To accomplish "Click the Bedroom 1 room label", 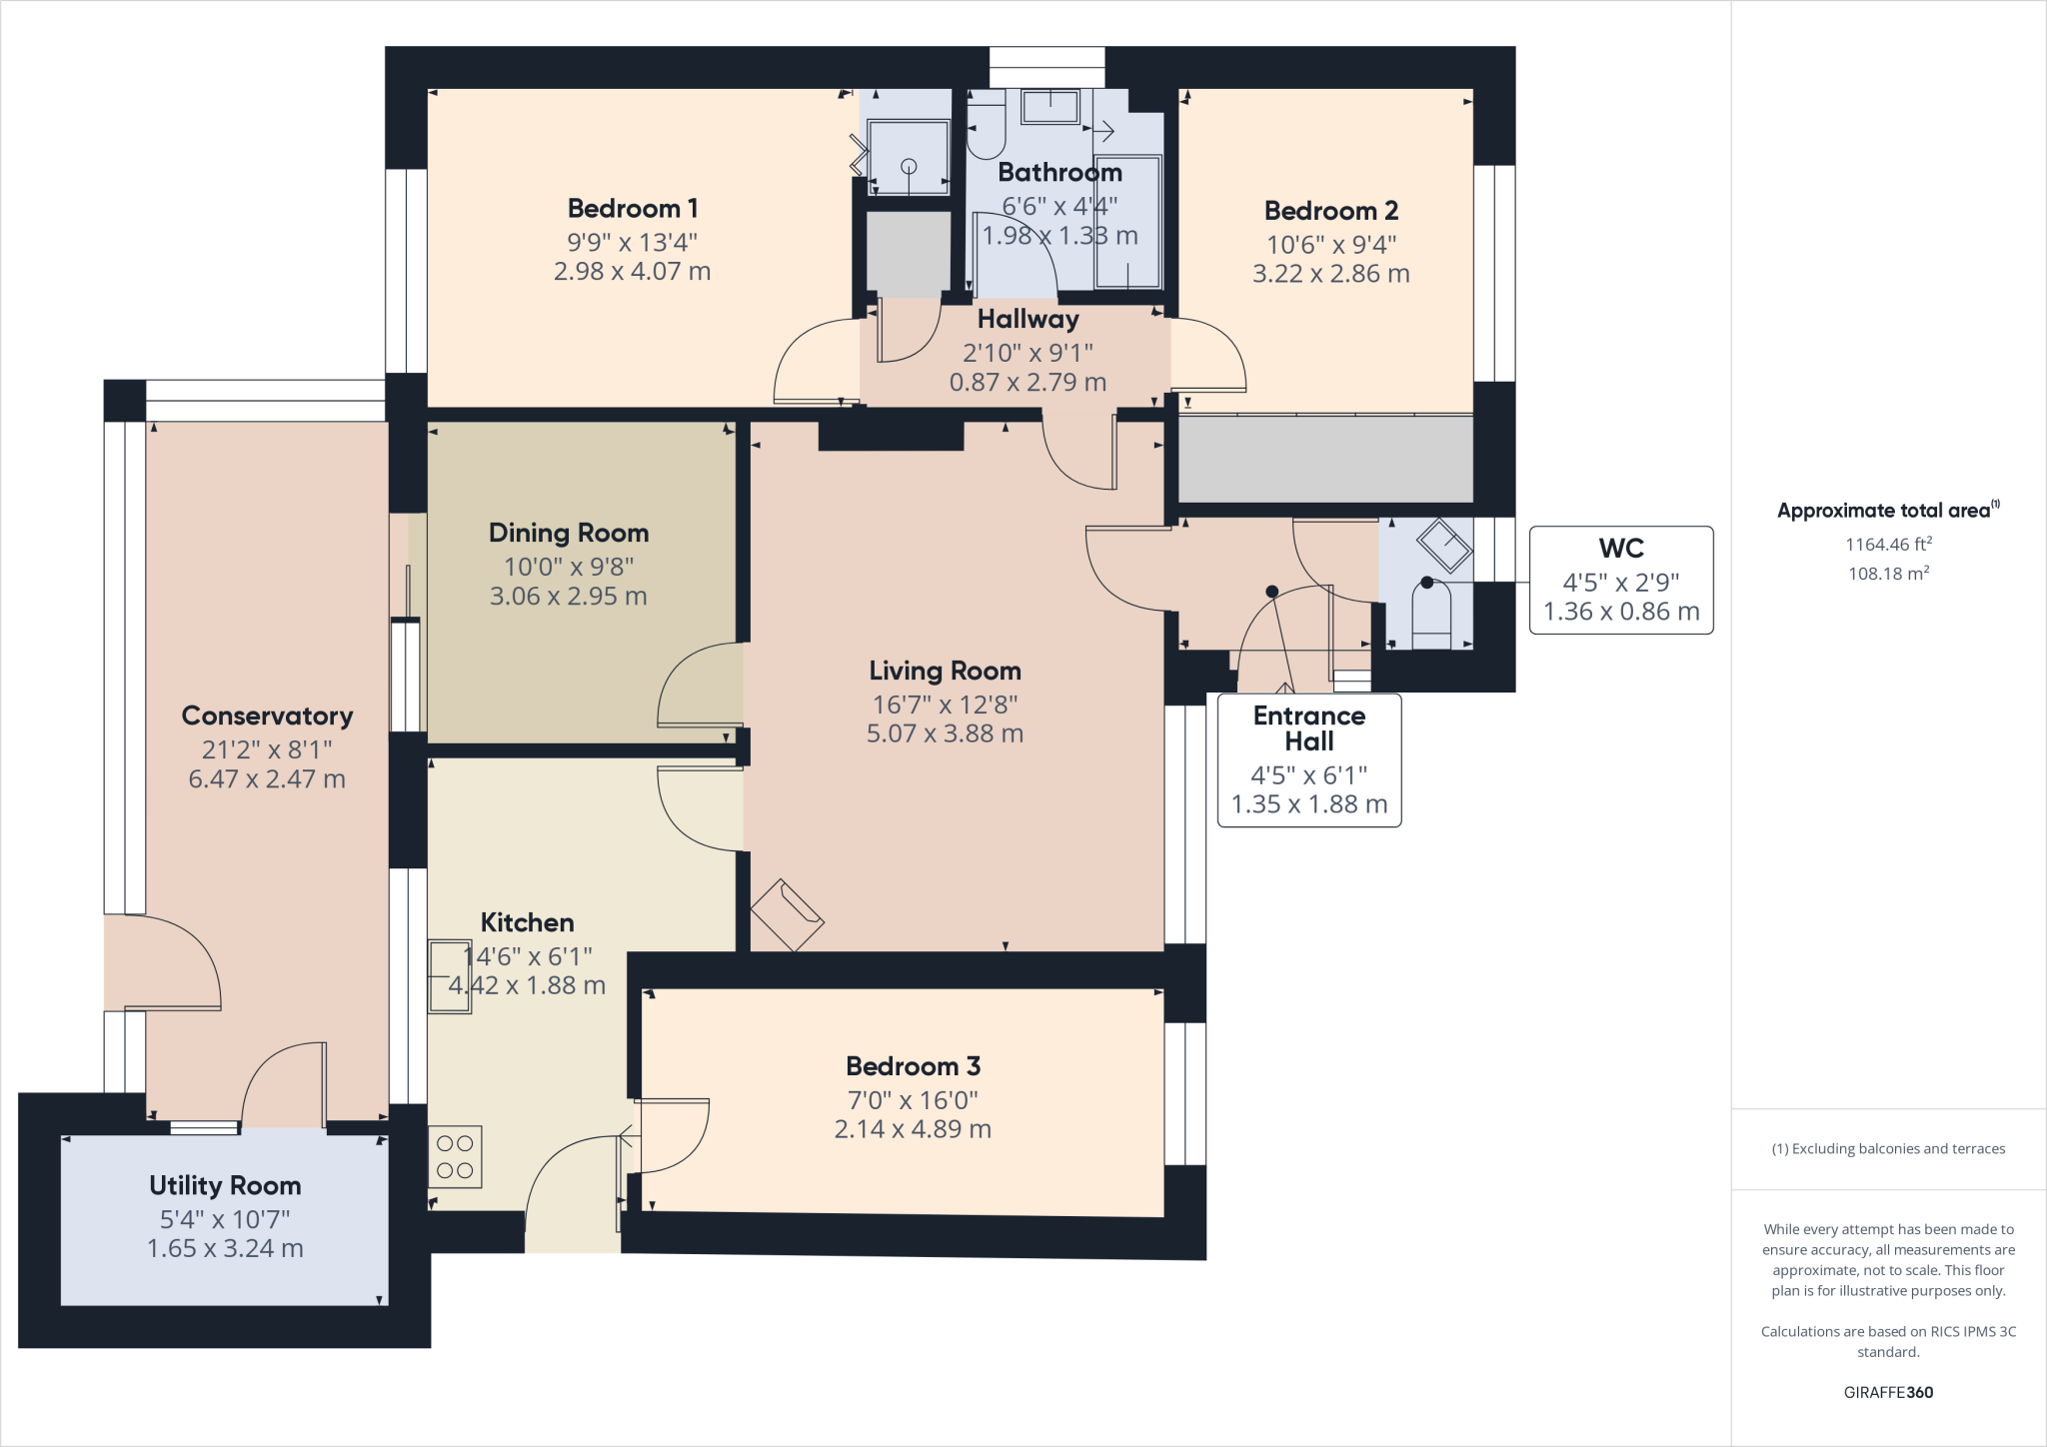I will point(632,209).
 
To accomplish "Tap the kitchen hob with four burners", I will point(455,1157).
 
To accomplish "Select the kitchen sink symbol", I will point(450,976).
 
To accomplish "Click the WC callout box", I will point(1620,581).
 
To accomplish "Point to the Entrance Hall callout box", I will point(1308,760).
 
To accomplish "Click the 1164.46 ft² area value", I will point(1887,545).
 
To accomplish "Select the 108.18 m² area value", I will point(1887,574).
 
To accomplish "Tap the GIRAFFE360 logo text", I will point(1887,1392).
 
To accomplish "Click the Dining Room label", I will point(568,533).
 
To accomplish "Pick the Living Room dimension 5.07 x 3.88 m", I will point(945,733).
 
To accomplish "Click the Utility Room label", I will point(225,1185).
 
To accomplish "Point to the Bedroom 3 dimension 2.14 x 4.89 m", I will point(913,1129).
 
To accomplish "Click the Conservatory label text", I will point(267,716).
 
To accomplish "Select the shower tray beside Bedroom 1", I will point(908,157).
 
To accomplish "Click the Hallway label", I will point(1027,319).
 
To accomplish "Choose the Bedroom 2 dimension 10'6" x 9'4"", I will point(1330,244).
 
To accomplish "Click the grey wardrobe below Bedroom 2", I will point(1324,459).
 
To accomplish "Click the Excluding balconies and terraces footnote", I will point(1887,1149).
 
